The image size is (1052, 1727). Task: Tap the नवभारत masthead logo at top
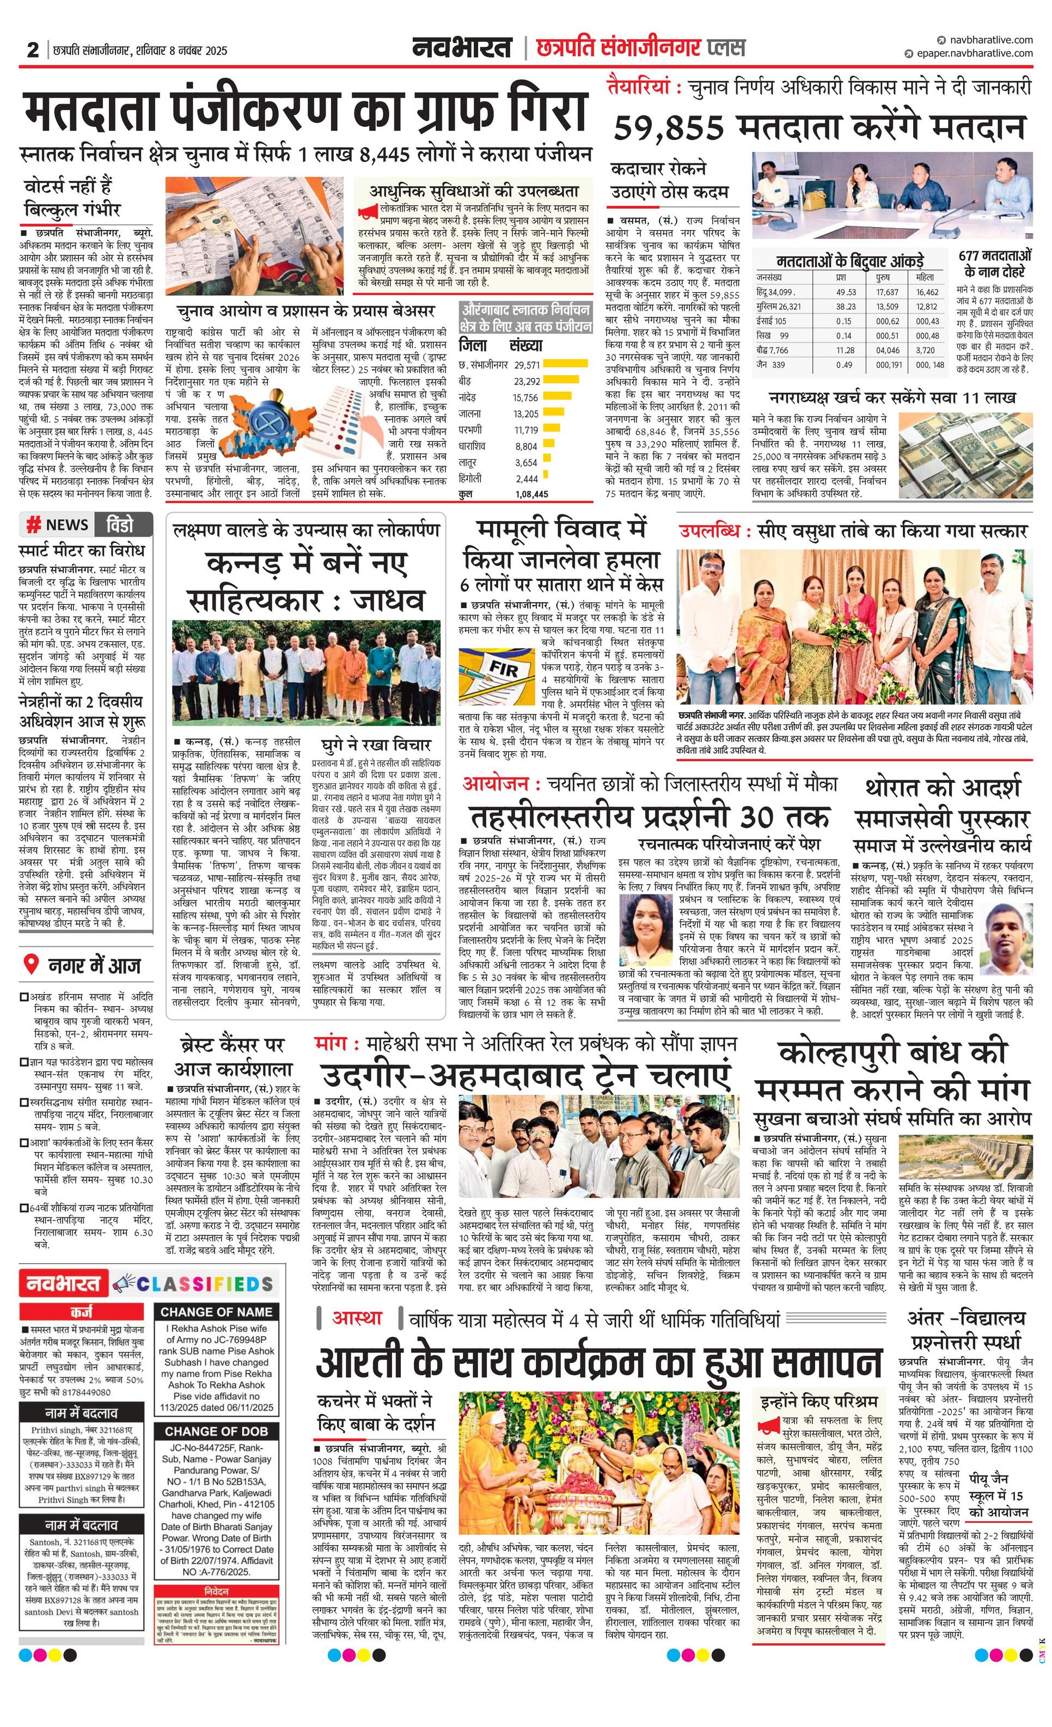(463, 48)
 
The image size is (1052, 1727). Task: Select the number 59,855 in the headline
(669, 127)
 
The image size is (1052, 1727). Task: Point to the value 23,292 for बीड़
(527, 381)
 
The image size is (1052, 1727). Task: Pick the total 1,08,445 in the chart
(531, 494)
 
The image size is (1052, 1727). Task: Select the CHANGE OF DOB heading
(217, 1411)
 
